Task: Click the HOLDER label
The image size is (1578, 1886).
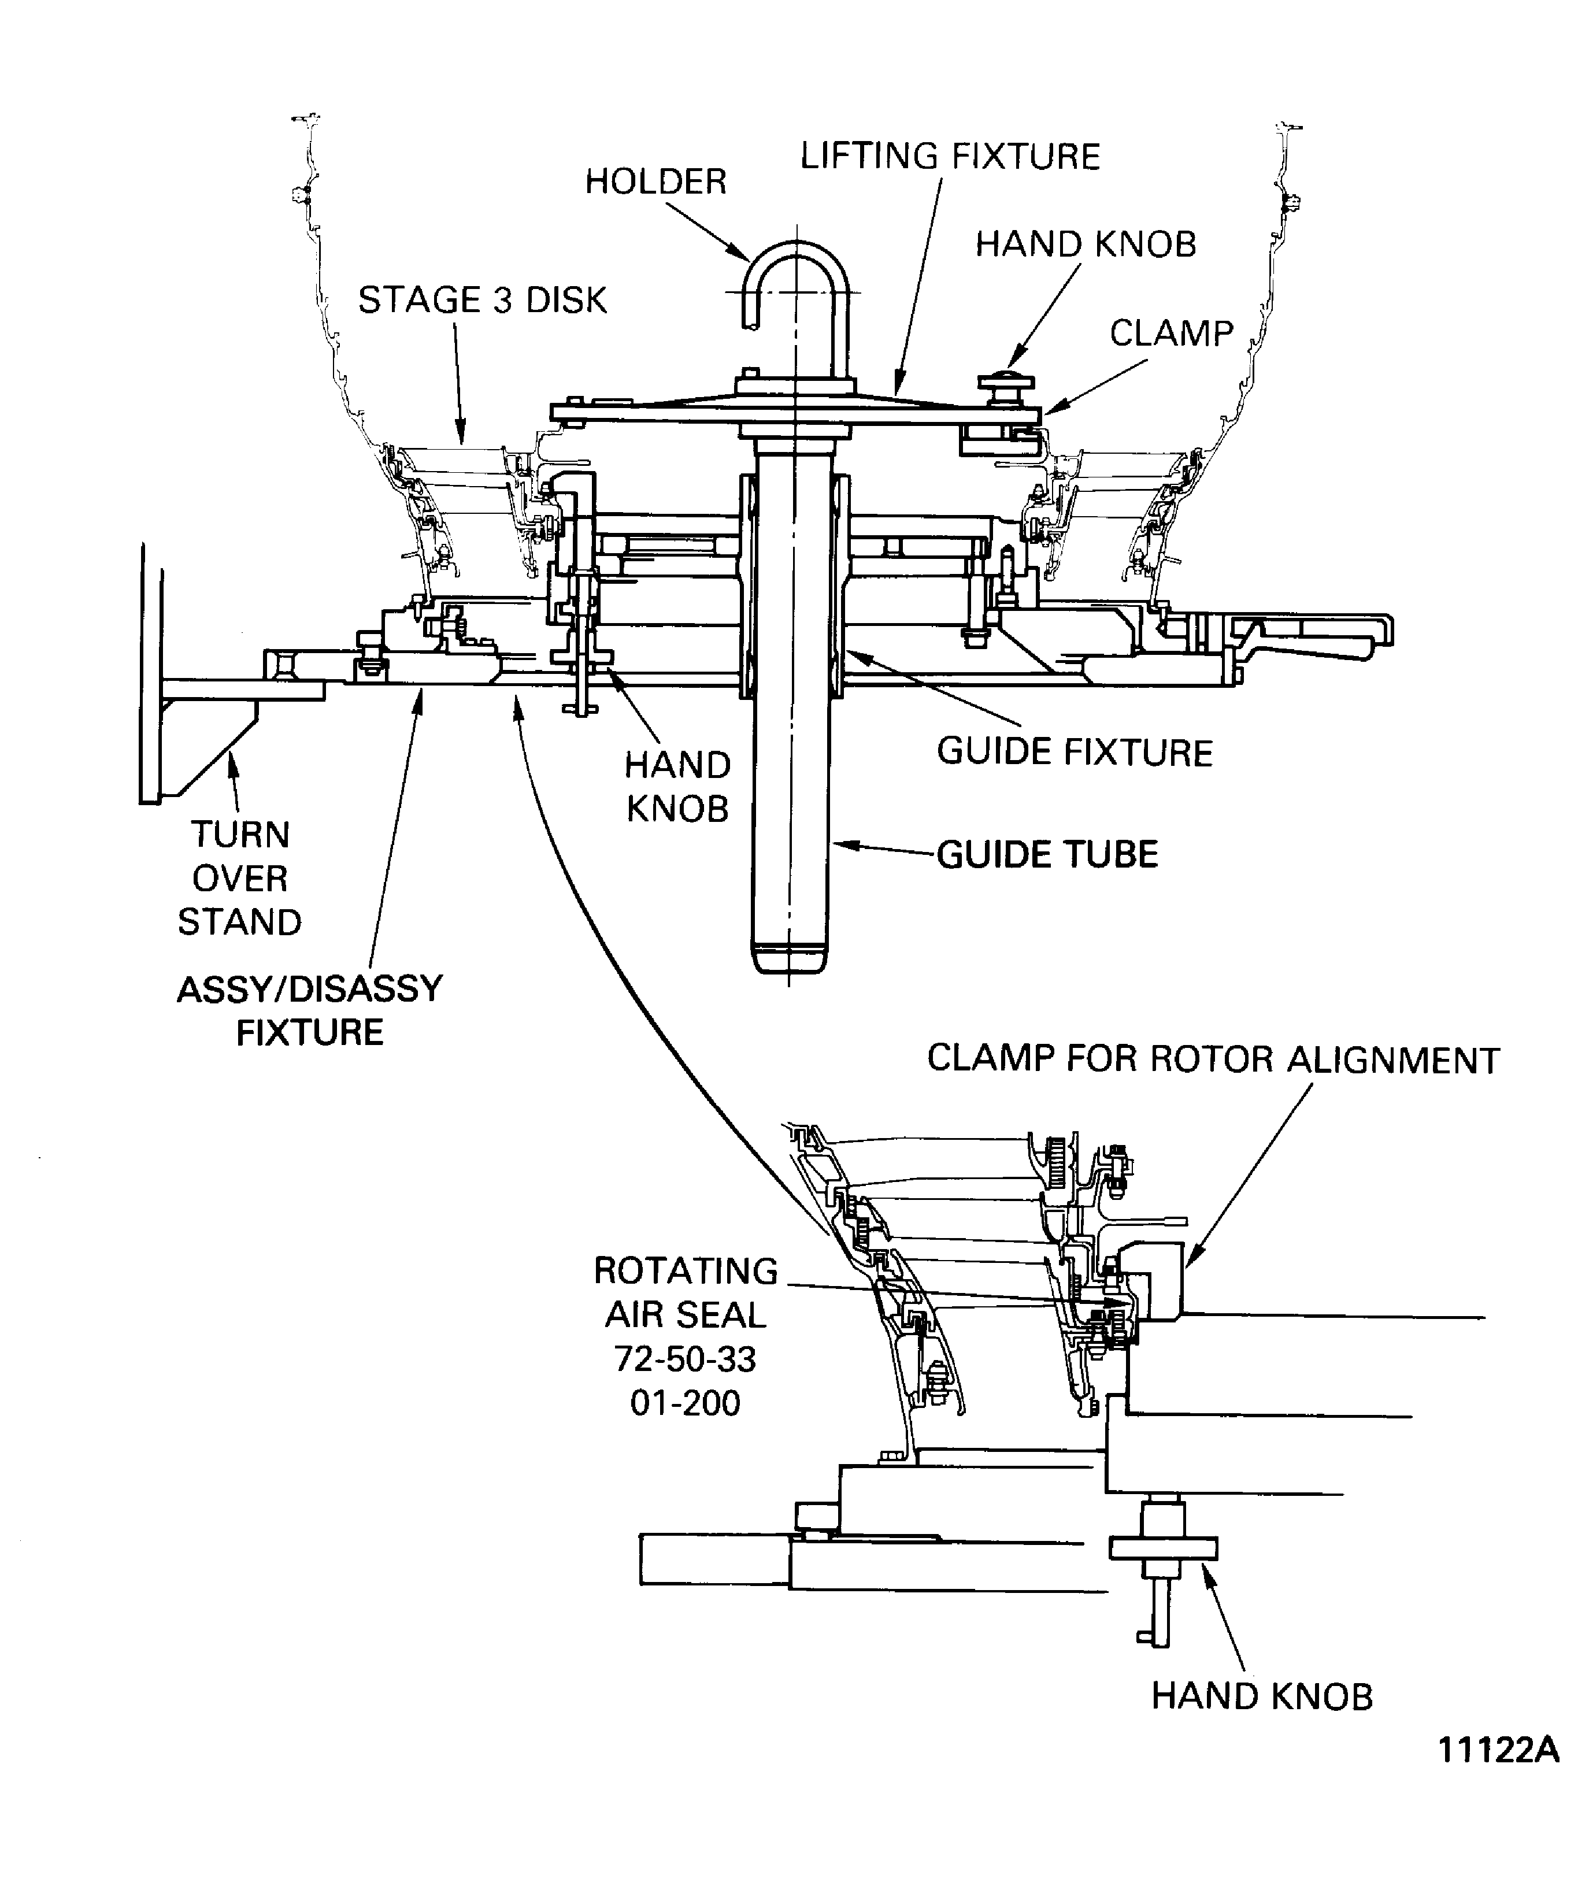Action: pos(655,181)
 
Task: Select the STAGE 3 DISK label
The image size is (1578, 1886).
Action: pos(482,300)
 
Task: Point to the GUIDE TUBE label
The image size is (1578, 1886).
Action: pos(1047,854)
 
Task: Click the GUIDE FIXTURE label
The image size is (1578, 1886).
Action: pos(1074,752)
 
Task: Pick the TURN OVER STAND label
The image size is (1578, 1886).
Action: pos(240,879)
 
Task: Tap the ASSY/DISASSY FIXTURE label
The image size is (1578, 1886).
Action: pos(310,1010)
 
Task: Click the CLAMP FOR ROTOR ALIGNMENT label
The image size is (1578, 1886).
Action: pos(1213,1059)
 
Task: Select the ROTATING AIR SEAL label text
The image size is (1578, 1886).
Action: pos(686,1292)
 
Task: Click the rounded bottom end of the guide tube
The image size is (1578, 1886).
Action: pos(788,957)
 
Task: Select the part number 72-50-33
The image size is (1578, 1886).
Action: pos(686,1359)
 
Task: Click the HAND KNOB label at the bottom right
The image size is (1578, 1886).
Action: pos(1262,1696)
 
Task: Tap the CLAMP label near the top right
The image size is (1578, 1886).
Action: pos(1171,333)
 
